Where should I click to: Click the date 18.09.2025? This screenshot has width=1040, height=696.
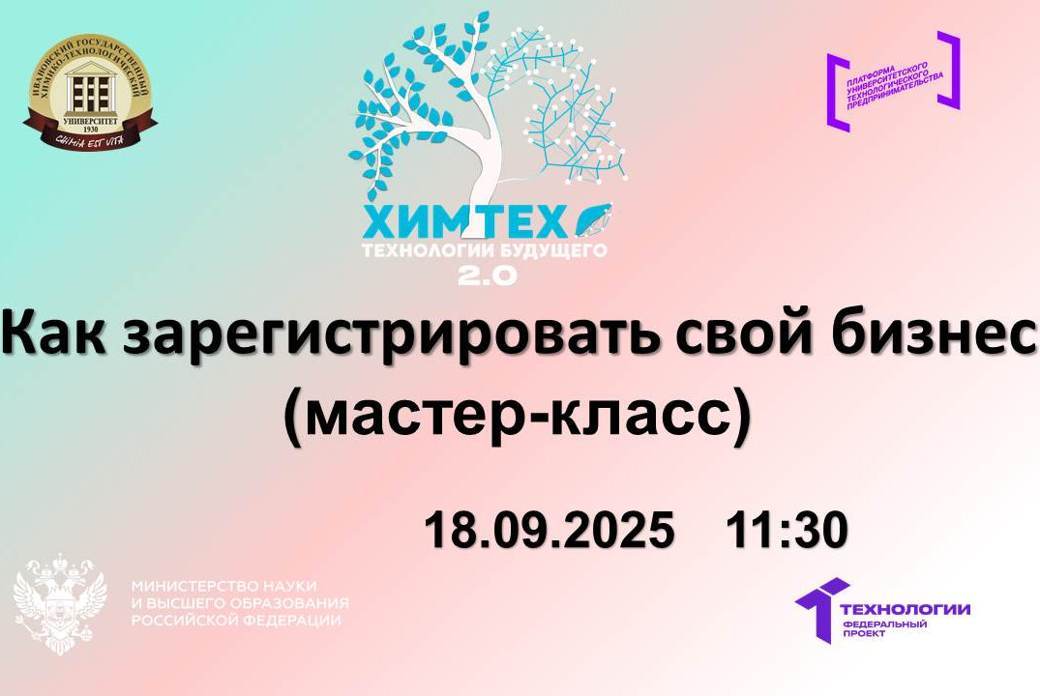(549, 531)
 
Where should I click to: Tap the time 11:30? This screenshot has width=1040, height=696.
(787, 531)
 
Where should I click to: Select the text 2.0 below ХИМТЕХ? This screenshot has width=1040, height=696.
(487, 274)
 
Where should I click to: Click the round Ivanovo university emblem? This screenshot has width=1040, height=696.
(89, 94)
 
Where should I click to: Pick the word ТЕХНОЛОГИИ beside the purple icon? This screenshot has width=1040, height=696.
(906, 608)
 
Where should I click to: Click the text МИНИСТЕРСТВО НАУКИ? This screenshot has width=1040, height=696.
(223, 587)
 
